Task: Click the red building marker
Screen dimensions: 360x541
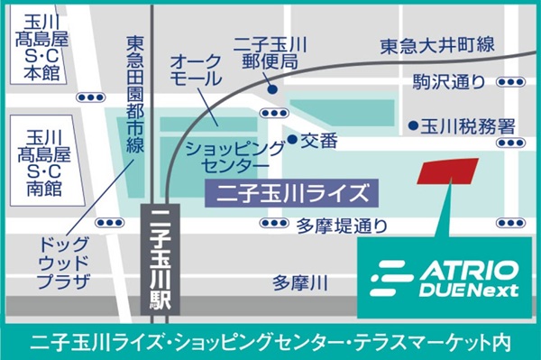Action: [448, 171]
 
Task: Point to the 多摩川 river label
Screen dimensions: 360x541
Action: [299, 282]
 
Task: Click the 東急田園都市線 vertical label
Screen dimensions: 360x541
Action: [136, 94]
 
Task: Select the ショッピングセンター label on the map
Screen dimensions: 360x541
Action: [226, 154]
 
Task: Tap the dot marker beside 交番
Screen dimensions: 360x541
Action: [292, 141]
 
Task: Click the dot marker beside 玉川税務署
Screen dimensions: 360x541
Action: [412, 125]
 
